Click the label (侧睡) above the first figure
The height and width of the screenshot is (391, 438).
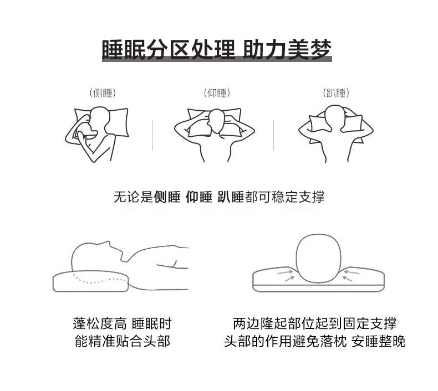(x=103, y=93)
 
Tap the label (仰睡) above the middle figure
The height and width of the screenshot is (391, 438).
(x=217, y=93)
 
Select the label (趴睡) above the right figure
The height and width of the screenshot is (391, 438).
(x=336, y=93)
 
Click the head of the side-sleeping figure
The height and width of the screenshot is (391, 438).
(x=98, y=120)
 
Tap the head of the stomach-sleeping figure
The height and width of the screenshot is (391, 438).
(x=335, y=117)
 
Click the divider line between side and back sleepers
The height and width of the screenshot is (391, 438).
(x=153, y=135)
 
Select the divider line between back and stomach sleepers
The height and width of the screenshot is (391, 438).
(x=273, y=135)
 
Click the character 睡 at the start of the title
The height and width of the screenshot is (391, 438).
(x=113, y=50)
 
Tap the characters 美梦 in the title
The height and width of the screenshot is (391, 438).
(x=310, y=50)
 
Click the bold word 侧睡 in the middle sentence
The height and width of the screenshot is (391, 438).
(x=167, y=197)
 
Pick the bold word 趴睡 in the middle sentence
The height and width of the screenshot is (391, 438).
(x=231, y=197)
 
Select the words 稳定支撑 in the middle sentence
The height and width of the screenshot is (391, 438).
(x=298, y=197)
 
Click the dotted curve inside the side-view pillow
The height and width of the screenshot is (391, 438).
(x=99, y=280)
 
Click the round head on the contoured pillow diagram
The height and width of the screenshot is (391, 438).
(x=318, y=259)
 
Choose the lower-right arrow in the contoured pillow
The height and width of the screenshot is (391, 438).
(x=347, y=278)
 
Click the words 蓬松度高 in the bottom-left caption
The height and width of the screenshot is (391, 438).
(x=99, y=324)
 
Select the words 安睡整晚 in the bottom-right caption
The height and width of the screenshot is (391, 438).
(x=378, y=341)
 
